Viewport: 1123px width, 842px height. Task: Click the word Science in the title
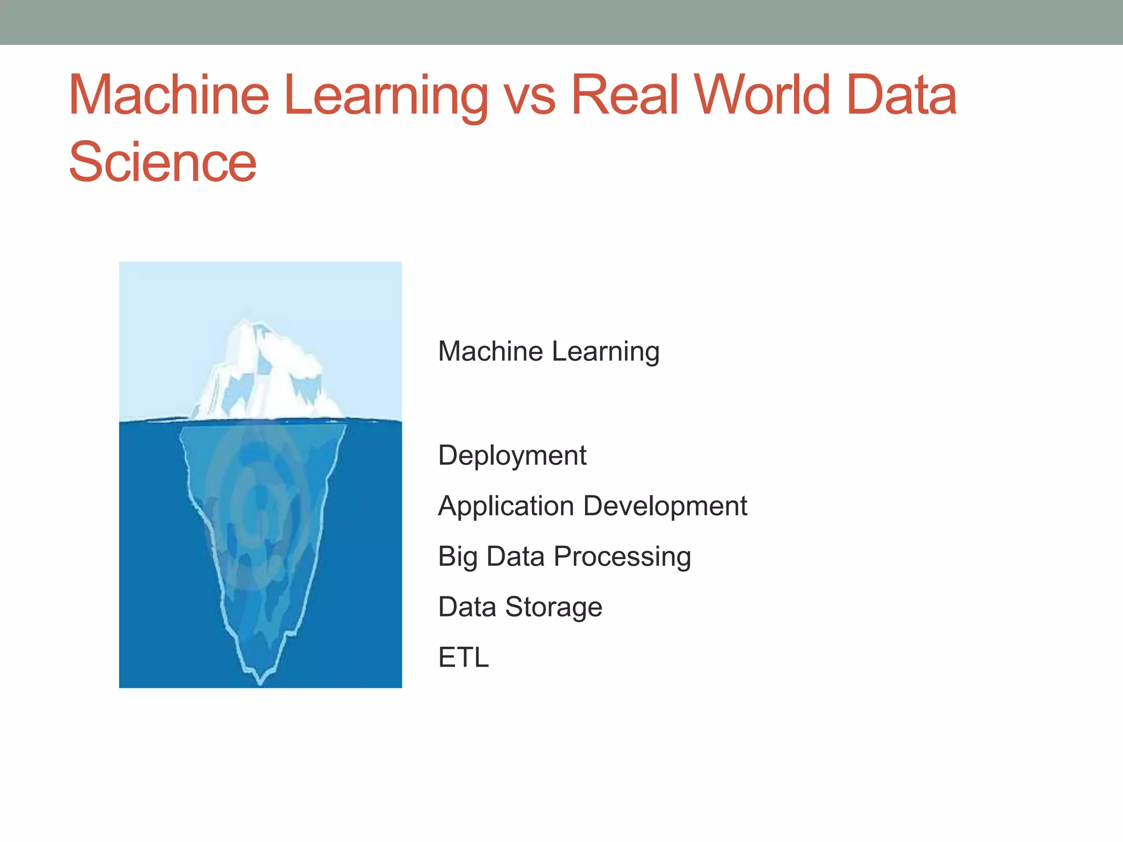(162, 162)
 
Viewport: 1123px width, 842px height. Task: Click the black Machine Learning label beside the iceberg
(548, 351)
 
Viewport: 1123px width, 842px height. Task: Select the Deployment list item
(512, 456)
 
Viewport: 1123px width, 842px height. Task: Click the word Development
(665, 506)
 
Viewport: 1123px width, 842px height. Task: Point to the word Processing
(622, 557)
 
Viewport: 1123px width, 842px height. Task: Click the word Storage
(553, 607)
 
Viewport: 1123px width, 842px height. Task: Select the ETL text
(463, 657)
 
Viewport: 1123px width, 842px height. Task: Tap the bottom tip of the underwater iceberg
(260, 681)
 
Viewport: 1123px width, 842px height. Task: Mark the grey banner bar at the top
(561, 22)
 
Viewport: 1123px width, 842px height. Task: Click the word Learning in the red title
(385, 96)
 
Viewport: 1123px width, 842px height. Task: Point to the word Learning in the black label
(606, 352)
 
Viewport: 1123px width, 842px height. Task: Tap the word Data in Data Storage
(467, 607)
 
